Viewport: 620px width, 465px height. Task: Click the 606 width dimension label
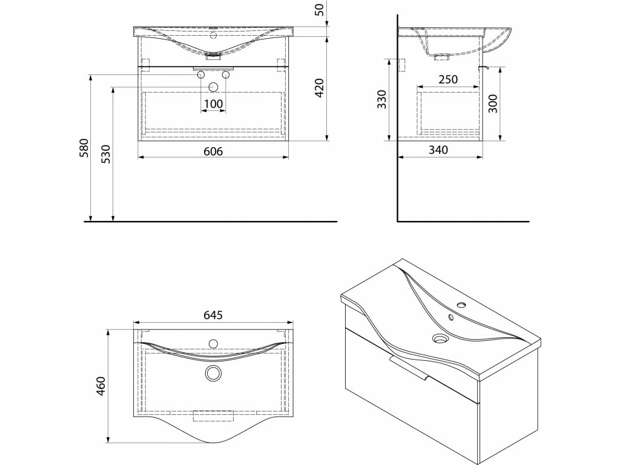tap(213, 151)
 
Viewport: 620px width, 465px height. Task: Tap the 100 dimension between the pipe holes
tap(213, 104)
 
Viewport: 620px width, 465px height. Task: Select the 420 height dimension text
tap(320, 88)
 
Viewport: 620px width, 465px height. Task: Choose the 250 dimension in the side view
tap(448, 79)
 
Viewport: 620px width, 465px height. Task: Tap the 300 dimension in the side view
tap(492, 104)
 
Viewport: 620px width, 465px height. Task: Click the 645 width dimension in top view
tap(213, 315)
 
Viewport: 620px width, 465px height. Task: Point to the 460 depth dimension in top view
tap(101, 385)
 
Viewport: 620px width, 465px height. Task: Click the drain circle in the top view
tap(213, 373)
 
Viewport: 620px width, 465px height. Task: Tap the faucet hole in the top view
tap(213, 344)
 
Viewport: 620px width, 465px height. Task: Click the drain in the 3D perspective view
tap(440, 339)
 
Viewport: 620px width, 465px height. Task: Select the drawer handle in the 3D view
tap(411, 368)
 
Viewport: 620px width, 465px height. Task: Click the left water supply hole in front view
tap(201, 74)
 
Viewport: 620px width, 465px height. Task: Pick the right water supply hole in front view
tap(225, 74)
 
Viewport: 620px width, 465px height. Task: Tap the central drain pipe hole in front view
tap(213, 86)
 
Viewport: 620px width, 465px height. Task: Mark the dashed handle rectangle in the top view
tap(213, 416)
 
